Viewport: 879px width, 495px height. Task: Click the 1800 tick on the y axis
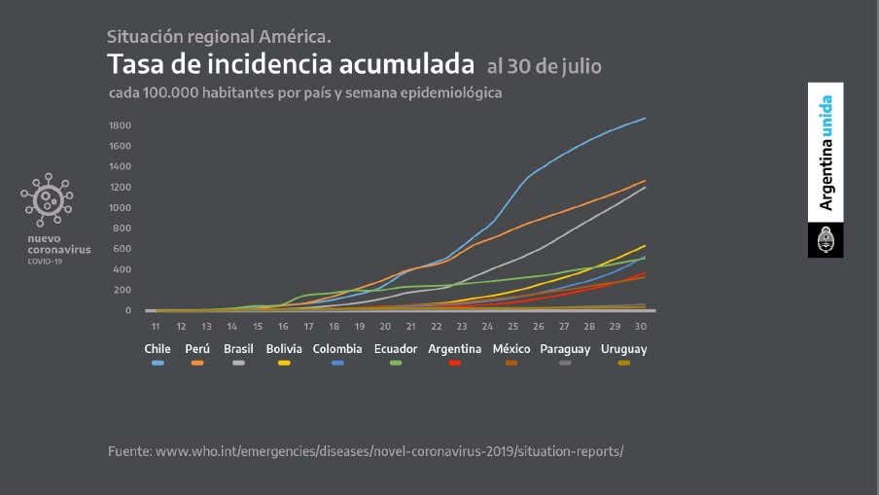pos(121,125)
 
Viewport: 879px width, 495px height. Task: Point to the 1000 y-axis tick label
pos(121,208)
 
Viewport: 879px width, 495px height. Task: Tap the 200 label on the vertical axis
pos(123,290)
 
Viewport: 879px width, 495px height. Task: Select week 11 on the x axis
pos(155,327)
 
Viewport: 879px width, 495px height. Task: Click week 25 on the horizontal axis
pos(512,327)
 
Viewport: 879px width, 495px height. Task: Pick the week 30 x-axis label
pos(640,327)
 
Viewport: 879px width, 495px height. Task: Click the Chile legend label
pos(158,348)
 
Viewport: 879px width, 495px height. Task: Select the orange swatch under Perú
pos(197,363)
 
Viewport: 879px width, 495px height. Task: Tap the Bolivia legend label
pos(284,348)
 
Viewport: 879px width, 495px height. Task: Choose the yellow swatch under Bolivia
pos(284,363)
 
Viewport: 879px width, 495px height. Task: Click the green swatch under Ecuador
pos(396,363)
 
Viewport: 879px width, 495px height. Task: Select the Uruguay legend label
pos(623,348)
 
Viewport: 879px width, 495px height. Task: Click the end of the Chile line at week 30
pos(644,119)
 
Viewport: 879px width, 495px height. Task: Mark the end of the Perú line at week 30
pos(644,181)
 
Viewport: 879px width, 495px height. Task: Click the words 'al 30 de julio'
pos(544,67)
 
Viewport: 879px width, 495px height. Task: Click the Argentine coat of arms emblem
pos(826,240)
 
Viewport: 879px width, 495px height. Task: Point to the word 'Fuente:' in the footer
pos(128,451)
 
